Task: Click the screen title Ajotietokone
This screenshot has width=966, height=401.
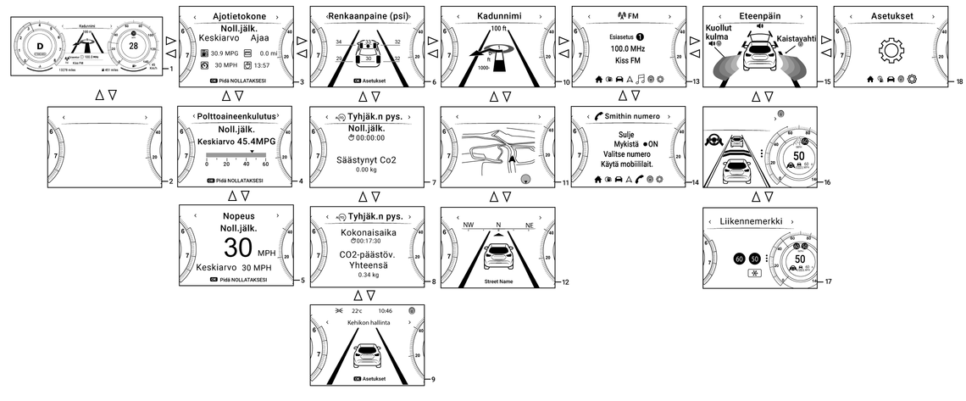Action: pyautogui.click(x=233, y=15)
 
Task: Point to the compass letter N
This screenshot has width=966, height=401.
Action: pyautogui.click(x=498, y=226)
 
